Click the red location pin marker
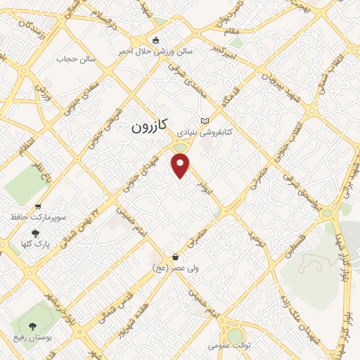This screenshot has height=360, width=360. click(181, 166)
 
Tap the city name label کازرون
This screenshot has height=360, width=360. click(150, 126)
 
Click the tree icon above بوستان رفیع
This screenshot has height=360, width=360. click(32, 326)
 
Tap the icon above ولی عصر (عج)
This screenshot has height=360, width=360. click(174, 257)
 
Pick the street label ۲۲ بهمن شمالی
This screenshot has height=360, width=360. click(101, 200)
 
